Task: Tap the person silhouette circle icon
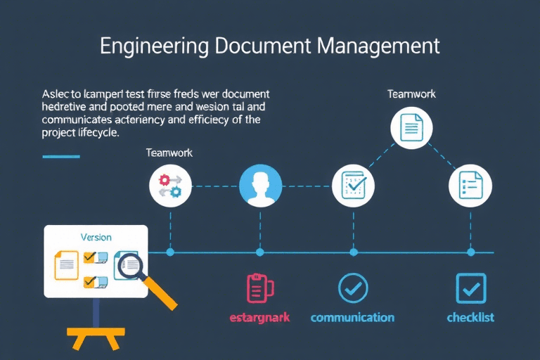(260, 187)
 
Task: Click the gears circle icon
(170, 186)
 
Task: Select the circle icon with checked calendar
(353, 186)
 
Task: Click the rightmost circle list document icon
(470, 186)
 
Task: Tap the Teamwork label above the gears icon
(169, 152)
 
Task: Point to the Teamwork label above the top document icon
(411, 94)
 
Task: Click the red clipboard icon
(260, 288)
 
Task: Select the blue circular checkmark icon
(353, 288)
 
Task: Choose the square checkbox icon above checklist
(470, 288)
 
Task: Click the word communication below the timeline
(352, 317)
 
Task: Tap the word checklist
(470, 317)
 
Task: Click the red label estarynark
(259, 317)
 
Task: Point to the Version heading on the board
(96, 238)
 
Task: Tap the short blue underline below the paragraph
(61, 156)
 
